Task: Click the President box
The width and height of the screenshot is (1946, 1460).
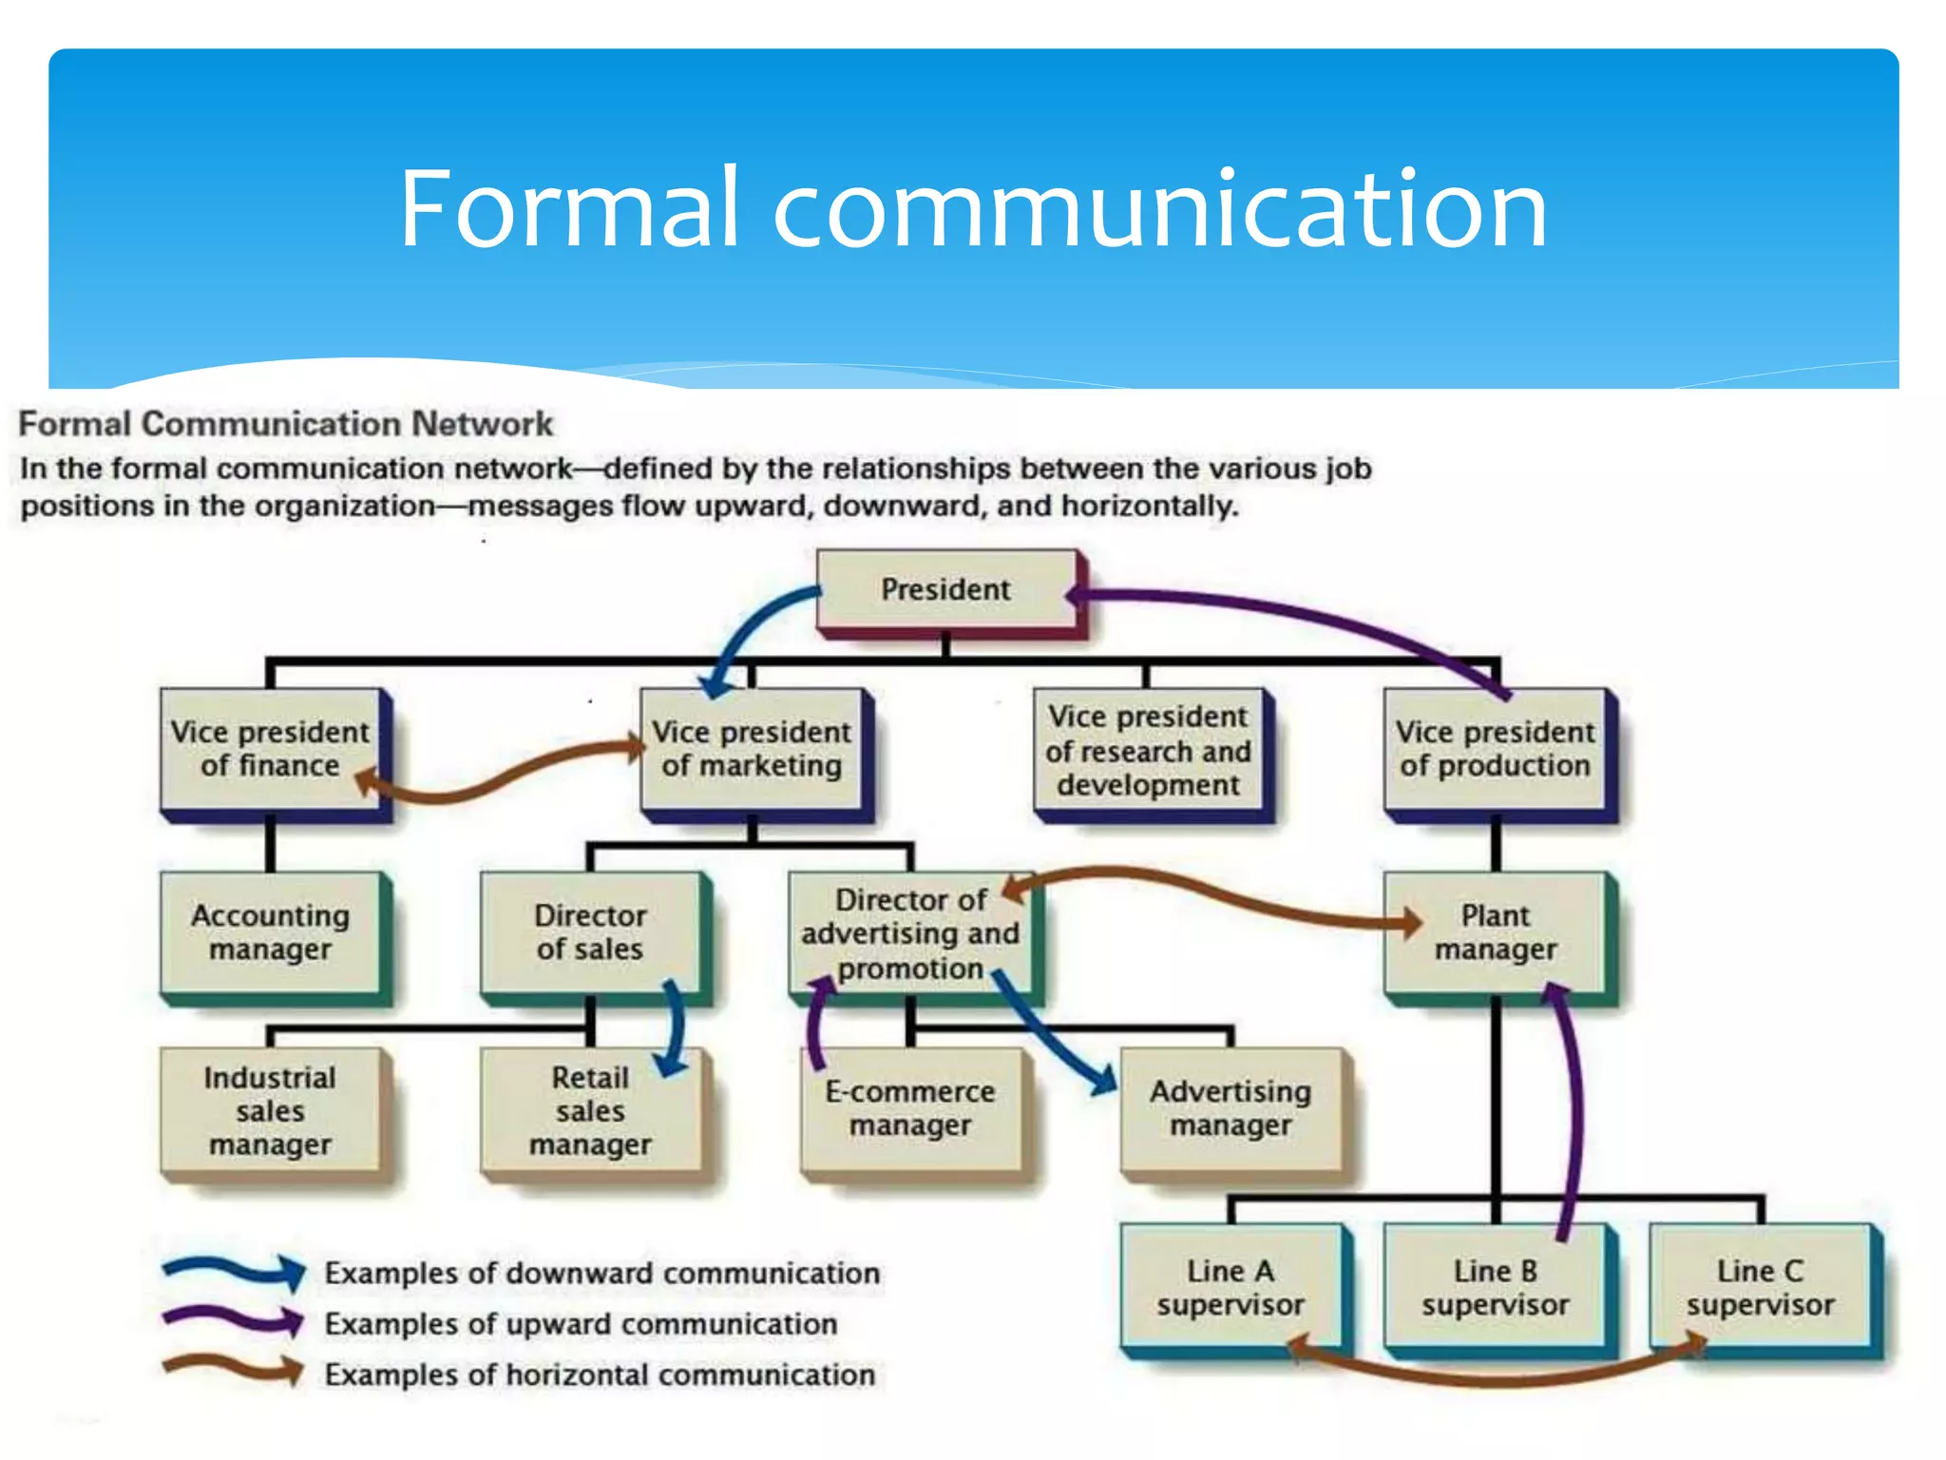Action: coord(946,589)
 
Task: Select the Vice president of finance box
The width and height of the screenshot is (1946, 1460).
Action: coord(271,749)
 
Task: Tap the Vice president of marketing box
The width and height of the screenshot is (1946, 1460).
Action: coord(753,749)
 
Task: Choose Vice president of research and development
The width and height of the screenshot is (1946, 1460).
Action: coord(1148,751)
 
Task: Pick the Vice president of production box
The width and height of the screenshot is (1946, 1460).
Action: coord(1495,749)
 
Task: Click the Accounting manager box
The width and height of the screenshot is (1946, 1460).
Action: coord(271,932)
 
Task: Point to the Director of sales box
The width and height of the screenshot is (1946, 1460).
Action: coord(590,932)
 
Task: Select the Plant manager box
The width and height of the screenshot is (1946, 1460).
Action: coord(1495,932)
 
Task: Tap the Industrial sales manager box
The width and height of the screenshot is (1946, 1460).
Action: coord(271,1110)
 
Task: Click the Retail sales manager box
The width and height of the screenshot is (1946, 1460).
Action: coord(590,1110)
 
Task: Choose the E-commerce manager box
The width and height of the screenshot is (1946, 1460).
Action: coord(910,1108)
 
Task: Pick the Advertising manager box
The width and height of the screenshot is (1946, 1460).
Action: coord(1231,1108)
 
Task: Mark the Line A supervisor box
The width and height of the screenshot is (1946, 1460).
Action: coord(1231,1287)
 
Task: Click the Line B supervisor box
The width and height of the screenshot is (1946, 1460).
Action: coord(1495,1287)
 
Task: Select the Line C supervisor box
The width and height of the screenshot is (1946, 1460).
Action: coord(1760,1287)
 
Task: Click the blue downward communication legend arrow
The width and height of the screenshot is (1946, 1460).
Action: coord(233,1271)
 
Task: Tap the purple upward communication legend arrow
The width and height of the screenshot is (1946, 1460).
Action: coord(233,1320)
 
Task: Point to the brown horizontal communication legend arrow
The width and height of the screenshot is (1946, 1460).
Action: coord(233,1370)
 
